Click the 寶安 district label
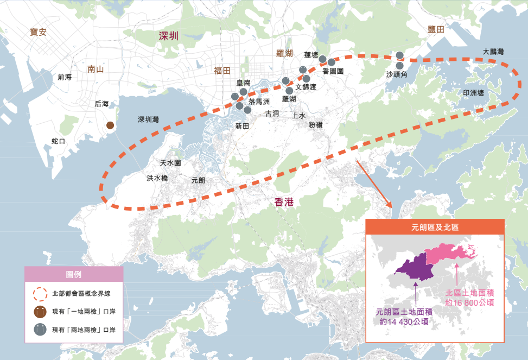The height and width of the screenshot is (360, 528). pos(38,32)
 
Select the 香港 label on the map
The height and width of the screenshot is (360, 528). pos(284,203)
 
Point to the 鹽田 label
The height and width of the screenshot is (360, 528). pos(436,30)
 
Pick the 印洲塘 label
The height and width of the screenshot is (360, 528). pos(473,93)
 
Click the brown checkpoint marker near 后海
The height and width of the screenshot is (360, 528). pos(110,125)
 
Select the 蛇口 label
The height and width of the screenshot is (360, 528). pos(58,141)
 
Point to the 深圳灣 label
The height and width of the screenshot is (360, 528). pos(148,119)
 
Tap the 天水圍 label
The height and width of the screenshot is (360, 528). pos(170,163)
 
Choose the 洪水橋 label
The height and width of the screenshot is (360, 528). pos(157,178)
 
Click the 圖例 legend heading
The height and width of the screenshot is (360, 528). pos(73,274)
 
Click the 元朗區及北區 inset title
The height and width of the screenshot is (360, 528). pos(435,227)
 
